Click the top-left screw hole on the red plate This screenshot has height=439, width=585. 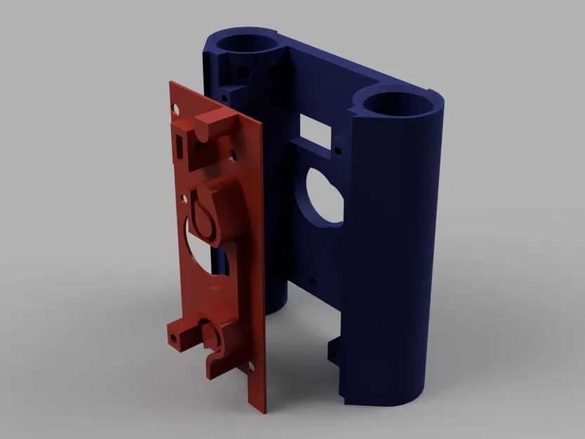pos(176,107)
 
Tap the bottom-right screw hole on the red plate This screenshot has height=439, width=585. pos(250,365)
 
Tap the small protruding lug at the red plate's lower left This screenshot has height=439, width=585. pos(177,334)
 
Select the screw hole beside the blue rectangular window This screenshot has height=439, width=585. pos(339,150)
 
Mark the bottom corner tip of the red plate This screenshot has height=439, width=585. pos(261,411)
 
